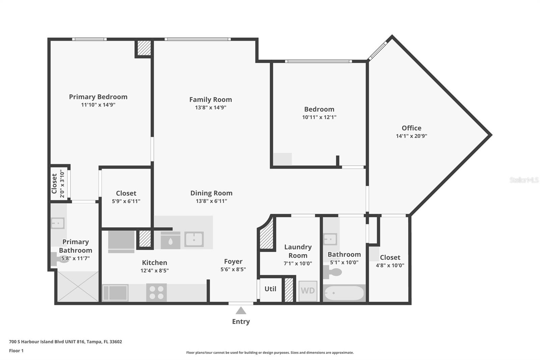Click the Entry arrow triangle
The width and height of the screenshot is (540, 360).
(241, 311)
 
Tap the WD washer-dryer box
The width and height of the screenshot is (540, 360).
(308, 291)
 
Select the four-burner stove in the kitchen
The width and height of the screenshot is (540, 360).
(157, 292)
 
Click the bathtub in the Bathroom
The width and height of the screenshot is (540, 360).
(344, 293)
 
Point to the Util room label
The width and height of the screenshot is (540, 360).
(270, 289)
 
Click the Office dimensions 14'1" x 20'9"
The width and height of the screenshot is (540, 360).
(411, 136)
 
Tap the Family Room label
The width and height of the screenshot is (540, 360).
(211, 99)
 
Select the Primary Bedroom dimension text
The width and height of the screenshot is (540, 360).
(98, 105)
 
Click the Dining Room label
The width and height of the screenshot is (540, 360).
(211, 193)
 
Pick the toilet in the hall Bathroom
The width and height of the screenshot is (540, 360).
(332, 272)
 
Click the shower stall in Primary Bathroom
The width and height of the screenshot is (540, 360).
(78, 286)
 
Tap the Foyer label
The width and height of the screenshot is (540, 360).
(233, 261)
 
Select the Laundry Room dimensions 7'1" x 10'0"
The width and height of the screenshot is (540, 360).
(298, 263)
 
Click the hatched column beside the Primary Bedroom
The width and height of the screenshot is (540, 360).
(144, 48)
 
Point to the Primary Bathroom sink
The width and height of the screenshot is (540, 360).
(58, 223)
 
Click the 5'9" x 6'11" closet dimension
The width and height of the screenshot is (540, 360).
(126, 201)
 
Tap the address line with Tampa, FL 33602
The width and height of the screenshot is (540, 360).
(65, 342)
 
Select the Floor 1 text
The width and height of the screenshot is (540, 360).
(16, 351)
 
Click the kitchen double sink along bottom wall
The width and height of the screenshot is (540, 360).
(115, 293)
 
